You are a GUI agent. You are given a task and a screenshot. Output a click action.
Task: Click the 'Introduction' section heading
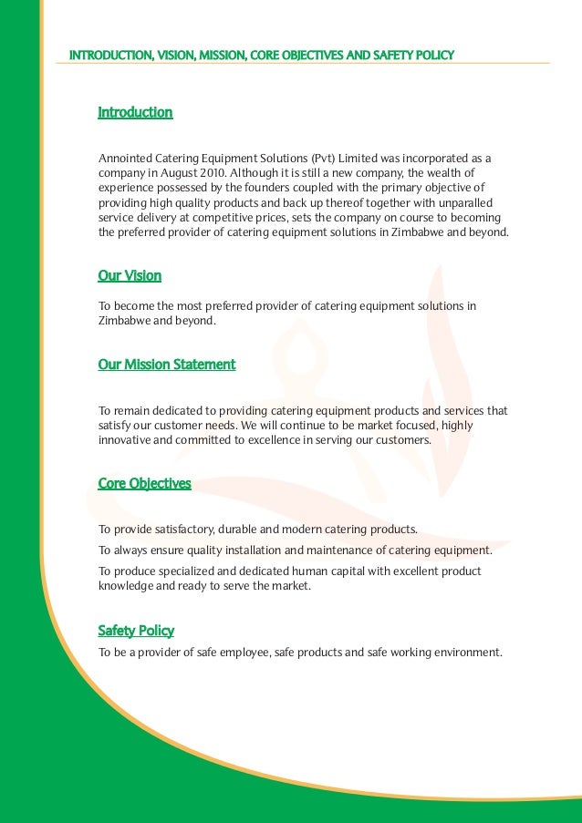point(135,113)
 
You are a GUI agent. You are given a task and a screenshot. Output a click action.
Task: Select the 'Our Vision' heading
point(130,275)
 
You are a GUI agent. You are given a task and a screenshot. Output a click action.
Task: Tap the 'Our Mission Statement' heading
point(166,365)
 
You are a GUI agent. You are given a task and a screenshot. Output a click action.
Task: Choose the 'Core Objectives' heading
point(144,483)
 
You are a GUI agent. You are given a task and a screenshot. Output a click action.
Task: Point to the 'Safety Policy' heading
point(136,631)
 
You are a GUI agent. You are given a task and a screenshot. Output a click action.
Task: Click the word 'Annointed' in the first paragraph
point(124,157)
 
